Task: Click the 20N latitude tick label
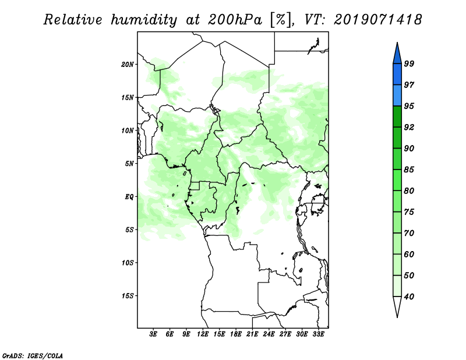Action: click(128, 65)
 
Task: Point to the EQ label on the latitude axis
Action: click(129, 197)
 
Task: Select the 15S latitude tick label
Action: click(128, 296)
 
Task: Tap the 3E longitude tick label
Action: click(153, 334)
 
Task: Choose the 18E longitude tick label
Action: click(236, 334)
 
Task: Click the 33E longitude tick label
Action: click(318, 334)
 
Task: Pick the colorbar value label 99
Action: click(409, 63)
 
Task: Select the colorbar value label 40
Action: click(409, 297)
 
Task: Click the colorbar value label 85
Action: click(409, 170)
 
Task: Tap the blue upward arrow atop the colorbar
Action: click(397, 54)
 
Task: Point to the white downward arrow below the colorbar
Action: click(397, 306)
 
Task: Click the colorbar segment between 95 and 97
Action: click(397, 96)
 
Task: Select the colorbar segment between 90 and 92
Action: click(397, 137)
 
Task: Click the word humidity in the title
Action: click(144, 20)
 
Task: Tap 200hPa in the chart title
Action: click(235, 20)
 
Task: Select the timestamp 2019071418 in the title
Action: click(377, 20)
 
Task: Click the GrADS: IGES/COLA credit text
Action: click(33, 355)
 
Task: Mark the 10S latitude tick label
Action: click(128, 263)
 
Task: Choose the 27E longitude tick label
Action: click(285, 334)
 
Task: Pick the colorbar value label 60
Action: click(409, 255)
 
